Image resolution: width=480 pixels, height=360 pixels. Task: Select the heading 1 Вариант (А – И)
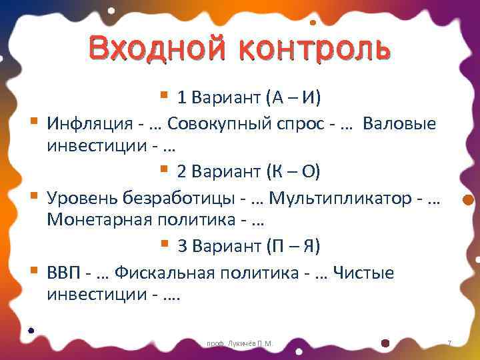point(249,98)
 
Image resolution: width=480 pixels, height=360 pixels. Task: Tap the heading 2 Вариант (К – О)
point(249,172)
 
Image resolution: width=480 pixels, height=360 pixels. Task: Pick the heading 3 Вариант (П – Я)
point(249,246)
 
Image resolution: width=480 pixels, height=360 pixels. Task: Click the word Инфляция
point(87,123)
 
